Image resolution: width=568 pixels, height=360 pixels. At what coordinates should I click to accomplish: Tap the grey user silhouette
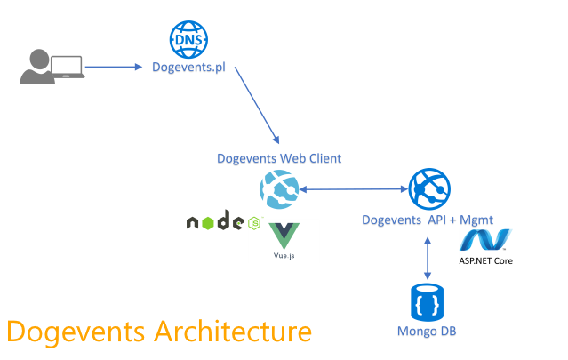[35, 67]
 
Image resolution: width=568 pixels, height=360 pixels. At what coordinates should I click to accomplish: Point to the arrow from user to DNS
[114, 67]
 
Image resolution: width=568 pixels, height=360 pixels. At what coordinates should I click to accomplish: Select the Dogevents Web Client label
[279, 158]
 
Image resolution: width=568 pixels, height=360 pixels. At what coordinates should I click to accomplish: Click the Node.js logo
[223, 222]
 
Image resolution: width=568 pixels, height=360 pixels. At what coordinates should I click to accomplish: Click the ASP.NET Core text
[485, 260]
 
